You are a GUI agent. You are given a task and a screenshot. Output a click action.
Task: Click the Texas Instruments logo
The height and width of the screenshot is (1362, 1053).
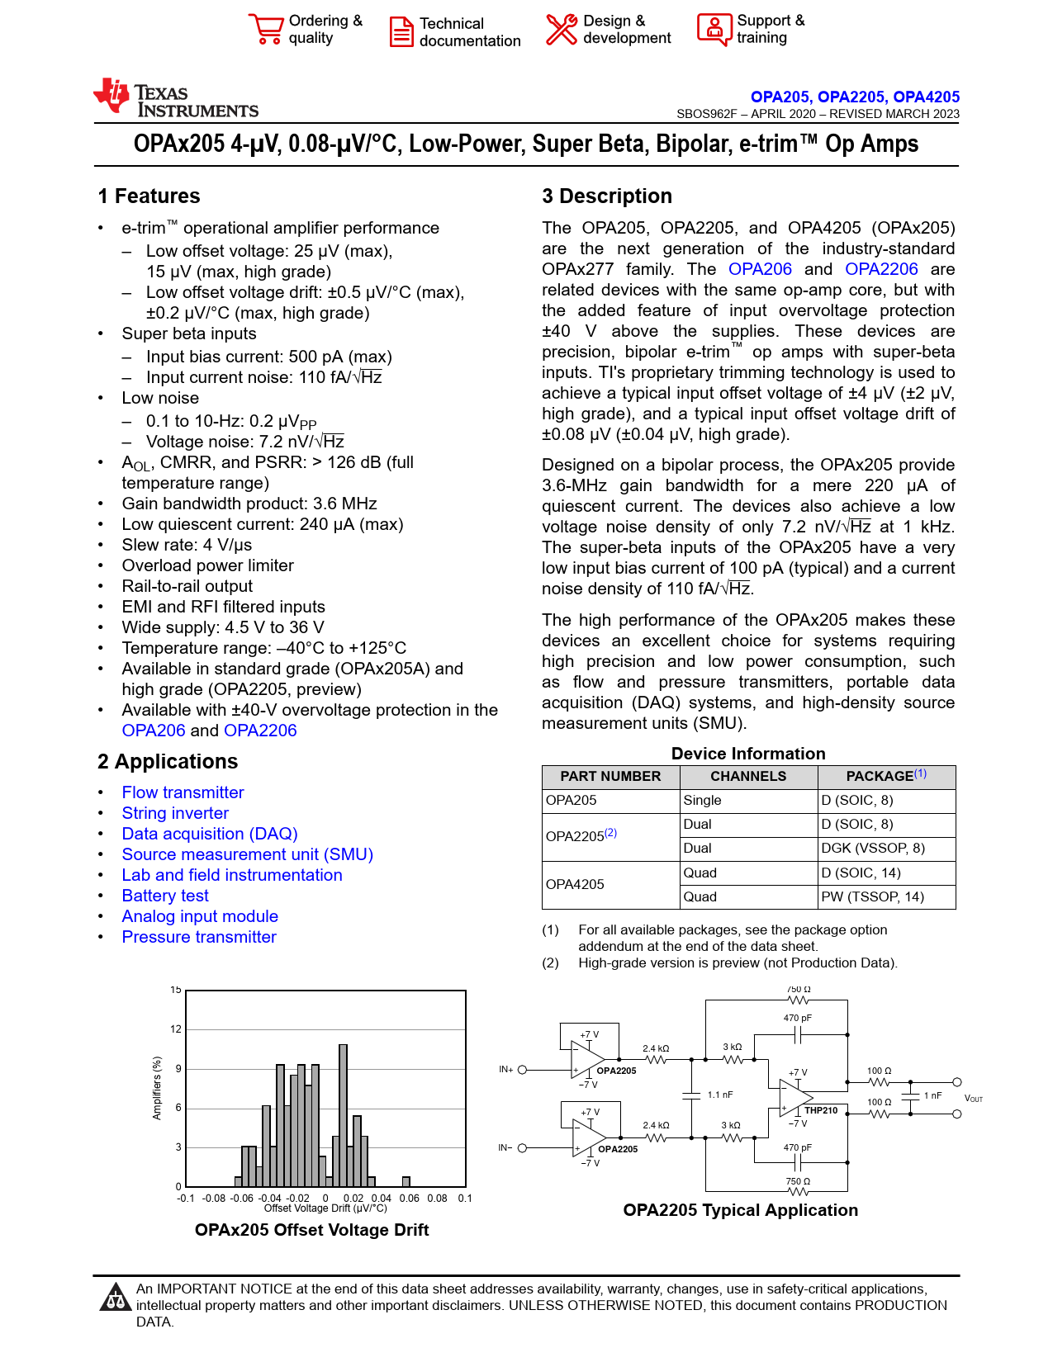coord(175,99)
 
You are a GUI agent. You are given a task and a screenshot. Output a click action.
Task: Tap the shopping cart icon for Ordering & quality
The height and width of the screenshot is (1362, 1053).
coord(265,29)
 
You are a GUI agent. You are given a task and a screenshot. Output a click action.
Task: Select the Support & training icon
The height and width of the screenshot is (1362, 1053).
coord(714,29)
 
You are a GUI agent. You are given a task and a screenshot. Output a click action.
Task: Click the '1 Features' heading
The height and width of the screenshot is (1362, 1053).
coord(149,196)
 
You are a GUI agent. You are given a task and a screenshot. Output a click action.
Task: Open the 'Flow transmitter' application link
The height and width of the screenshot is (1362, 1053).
coord(183,792)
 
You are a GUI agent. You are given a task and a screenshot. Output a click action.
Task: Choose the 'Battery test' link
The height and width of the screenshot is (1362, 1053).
coord(165,896)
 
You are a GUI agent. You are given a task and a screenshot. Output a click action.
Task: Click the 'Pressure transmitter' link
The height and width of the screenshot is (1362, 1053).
coord(199,937)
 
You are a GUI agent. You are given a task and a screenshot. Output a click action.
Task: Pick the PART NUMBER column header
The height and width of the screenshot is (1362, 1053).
coord(610,777)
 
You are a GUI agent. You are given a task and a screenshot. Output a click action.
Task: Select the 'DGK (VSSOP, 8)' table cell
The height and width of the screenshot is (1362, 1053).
coord(873,849)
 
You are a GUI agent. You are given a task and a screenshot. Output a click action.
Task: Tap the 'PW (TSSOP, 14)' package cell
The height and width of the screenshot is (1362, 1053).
coord(872,897)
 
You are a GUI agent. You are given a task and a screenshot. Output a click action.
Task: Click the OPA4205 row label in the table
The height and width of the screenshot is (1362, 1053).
coord(575,885)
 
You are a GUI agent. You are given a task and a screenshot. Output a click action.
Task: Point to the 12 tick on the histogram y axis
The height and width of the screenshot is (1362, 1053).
coord(176,1029)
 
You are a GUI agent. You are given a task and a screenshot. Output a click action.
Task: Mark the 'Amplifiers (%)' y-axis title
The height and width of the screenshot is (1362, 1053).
coord(157,1088)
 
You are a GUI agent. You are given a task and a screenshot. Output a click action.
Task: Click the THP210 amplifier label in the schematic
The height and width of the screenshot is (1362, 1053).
coord(821,1111)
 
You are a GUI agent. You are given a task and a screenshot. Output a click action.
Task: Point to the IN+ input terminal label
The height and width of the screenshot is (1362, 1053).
coord(506,1070)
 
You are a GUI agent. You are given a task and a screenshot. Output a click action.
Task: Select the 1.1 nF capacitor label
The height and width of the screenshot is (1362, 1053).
coord(720,1095)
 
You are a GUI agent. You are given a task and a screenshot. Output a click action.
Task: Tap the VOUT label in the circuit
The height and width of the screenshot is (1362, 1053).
coord(974,1099)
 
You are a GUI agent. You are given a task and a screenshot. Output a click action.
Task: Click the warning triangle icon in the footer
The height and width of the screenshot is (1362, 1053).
coord(115,1298)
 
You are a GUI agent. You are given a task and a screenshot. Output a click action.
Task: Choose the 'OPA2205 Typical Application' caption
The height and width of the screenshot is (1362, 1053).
coord(740,1211)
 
